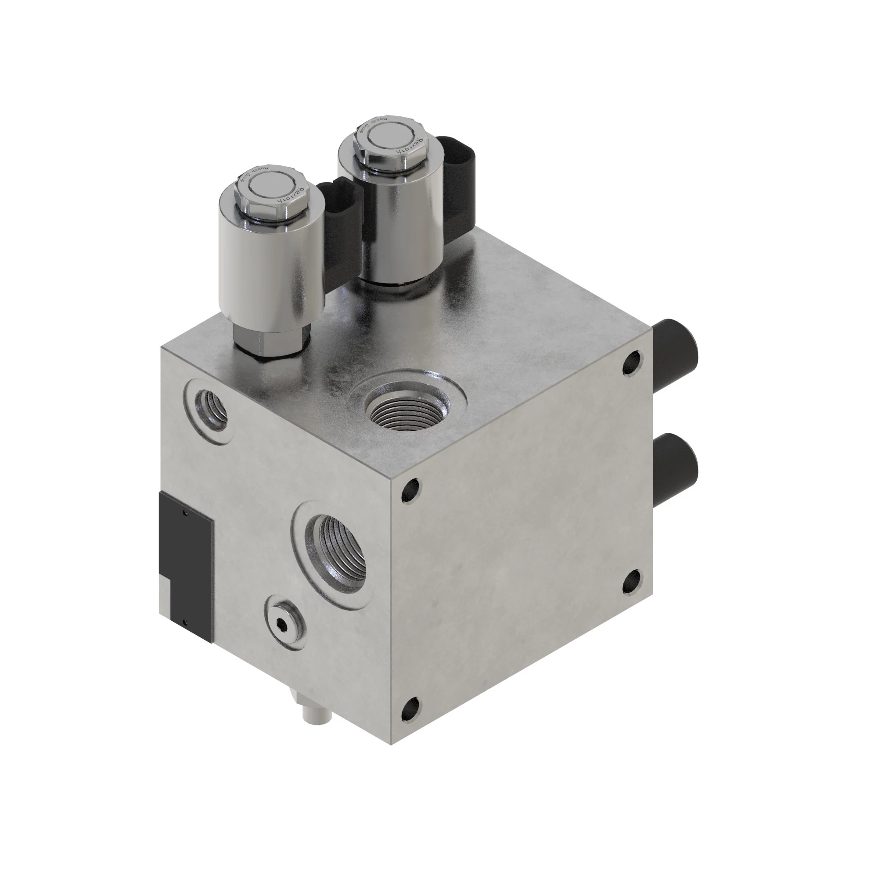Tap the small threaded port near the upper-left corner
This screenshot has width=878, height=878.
(x=210, y=408)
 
